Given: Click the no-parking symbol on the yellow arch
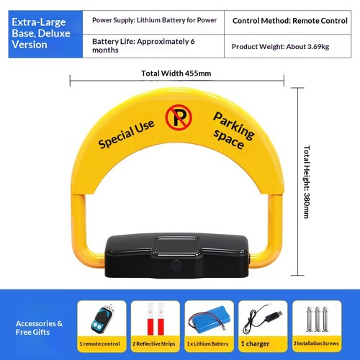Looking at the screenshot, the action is click(179, 117).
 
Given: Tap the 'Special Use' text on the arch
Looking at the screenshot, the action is click(126, 134).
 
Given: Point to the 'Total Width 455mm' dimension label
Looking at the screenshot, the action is click(176, 73).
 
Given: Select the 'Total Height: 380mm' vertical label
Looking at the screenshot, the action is click(307, 181).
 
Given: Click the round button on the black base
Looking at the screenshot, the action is click(176, 265).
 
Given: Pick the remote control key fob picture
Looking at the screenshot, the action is click(102, 318).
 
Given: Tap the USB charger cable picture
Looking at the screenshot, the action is click(262, 319).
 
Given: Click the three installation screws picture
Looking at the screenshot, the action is click(317, 319).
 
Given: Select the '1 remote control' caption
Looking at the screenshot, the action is click(99, 343).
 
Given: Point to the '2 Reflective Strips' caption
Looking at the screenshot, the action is click(153, 343).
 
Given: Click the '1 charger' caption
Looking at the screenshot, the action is click(255, 343).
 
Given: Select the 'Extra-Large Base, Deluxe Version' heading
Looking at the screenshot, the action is click(41, 33).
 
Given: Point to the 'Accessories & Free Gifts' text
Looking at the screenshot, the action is click(39, 328).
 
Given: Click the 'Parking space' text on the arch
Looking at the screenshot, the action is click(233, 130).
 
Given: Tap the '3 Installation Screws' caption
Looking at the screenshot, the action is click(316, 343).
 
